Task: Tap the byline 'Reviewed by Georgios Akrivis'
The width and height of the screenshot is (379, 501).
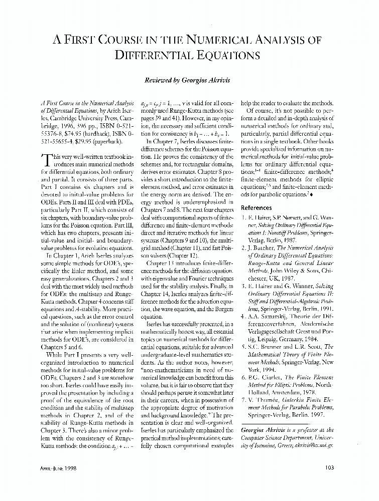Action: tap(189, 80)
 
